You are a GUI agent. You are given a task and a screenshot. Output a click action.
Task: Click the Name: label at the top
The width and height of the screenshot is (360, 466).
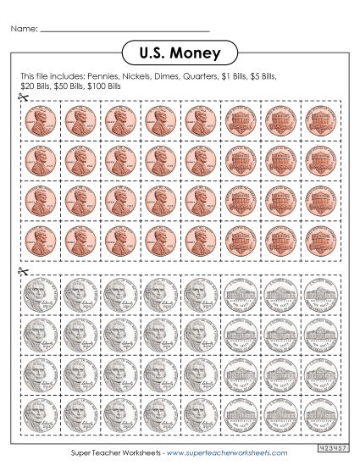click(24, 29)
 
